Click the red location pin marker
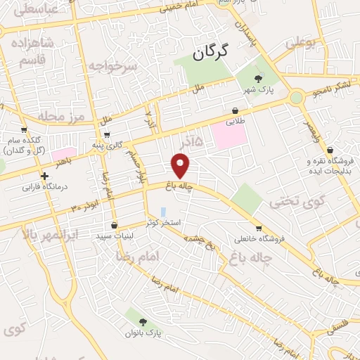(181, 166)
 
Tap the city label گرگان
(212, 51)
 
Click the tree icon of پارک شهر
(258, 79)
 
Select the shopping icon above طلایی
(235, 110)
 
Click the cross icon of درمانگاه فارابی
(45, 176)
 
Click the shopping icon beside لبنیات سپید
(114, 226)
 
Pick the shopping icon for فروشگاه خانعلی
(259, 228)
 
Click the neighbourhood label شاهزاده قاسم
(29, 51)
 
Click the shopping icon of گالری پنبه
(106, 134)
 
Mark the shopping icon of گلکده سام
(24, 129)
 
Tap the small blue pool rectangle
(163, 212)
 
